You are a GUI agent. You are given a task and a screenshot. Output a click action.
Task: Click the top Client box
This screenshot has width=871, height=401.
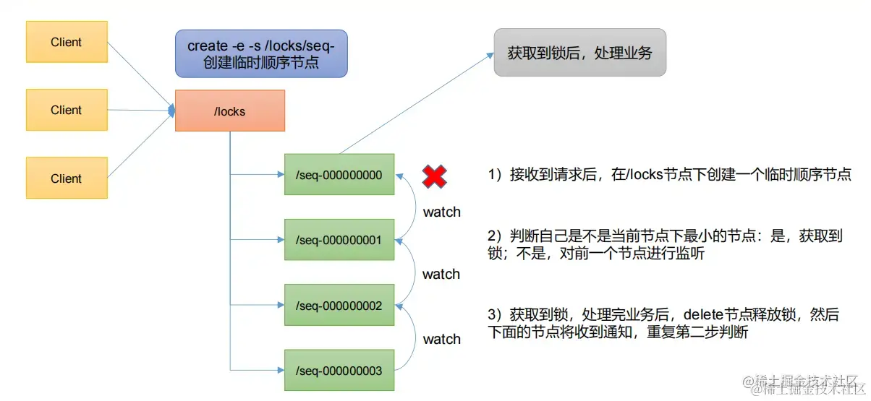click(x=67, y=42)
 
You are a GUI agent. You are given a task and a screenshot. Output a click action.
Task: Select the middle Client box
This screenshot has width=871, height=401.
click(x=67, y=110)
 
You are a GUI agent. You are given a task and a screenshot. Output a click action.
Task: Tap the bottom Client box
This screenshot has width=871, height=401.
click(x=67, y=178)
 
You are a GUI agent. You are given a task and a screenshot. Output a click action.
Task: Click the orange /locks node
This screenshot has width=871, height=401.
click(x=230, y=111)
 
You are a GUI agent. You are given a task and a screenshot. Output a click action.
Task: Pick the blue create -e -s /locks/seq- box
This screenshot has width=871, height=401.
click(x=261, y=54)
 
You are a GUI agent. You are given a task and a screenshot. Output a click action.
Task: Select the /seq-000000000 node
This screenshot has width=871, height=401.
click(x=339, y=174)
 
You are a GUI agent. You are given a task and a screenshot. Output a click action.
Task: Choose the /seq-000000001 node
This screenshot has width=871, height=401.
click(x=339, y=240)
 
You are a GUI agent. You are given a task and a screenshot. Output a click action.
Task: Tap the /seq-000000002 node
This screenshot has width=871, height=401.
click(x=339, y=306)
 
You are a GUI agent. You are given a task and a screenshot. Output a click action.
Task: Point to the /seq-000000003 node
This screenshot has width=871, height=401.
click(x=339, y=371)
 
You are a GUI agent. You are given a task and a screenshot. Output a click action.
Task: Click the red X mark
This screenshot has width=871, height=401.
click(x=435, y=176)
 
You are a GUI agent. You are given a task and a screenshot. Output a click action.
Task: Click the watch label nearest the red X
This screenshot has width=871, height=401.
click(x=441, y=212)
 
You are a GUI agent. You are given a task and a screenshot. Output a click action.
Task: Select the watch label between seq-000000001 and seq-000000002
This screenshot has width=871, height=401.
click(x=441, y=275)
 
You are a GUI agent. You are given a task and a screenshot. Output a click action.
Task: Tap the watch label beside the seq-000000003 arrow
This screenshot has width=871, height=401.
click(x=441, y=339)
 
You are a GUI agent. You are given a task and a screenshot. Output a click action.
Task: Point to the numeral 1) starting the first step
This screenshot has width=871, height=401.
click(x=495, y=175)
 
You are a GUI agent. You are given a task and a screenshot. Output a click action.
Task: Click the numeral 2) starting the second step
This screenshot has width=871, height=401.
click(x=495, y=236)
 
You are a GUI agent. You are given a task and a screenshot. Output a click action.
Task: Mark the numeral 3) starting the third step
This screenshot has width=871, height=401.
click(x=495, y=315)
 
